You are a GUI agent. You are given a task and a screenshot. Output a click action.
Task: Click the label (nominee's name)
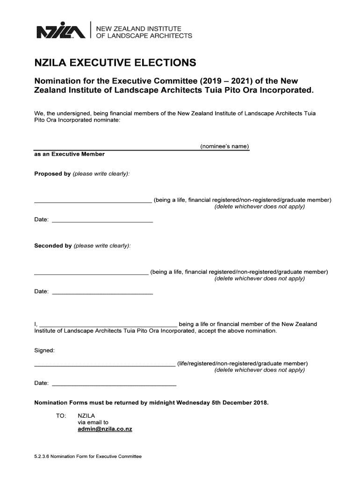click(x=224, y=146)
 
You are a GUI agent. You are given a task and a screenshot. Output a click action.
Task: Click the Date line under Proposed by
click(x=102, y=221)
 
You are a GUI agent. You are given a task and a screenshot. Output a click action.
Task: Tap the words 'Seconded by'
click(x=53, y=246)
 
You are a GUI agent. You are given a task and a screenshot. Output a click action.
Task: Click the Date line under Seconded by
click(x=102, y=293)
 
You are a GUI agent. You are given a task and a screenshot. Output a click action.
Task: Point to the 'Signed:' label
click(x=45, y=350)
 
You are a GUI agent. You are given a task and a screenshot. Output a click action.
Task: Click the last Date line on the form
click(x=114, y=385)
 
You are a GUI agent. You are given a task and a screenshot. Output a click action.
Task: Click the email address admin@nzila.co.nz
click(x=105, y=429)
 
